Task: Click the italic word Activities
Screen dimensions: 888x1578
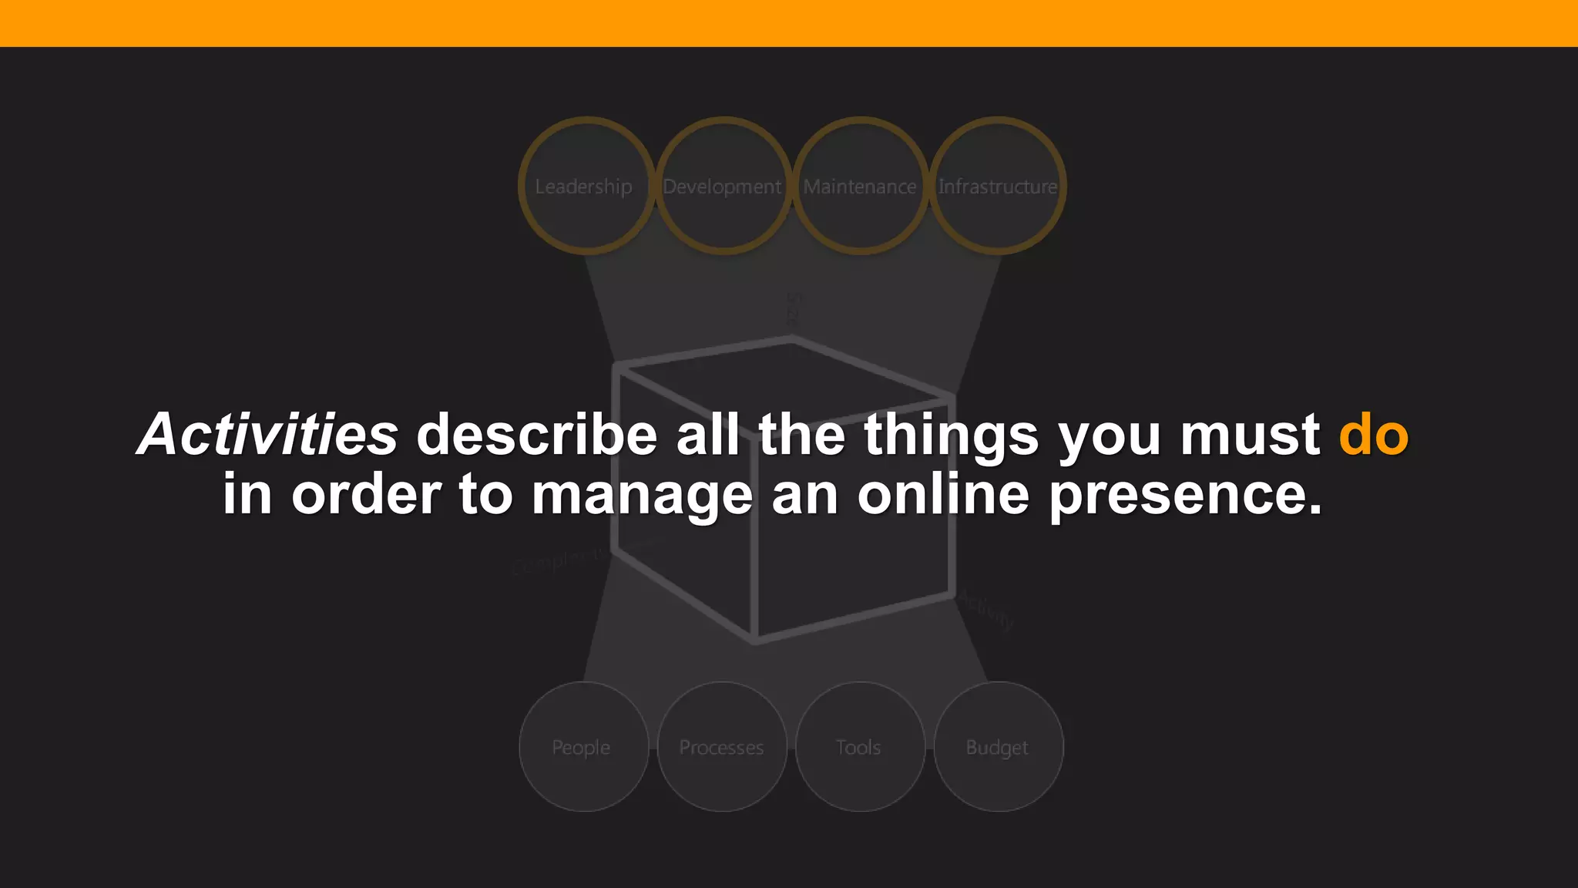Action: tap(267, 434)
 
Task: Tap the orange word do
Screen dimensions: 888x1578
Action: tap(1373, 434)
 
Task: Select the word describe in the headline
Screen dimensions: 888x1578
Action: tap(536, 434)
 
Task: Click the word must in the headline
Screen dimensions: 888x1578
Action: tap(1250, 434)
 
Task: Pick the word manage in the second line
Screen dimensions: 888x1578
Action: tap(641, 495)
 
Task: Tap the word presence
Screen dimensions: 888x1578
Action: tap(1185, 495)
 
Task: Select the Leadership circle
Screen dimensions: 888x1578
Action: tap(586, 186)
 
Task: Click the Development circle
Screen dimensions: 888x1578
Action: tap(723, 186)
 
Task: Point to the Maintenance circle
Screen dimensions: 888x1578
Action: tap(860, 186)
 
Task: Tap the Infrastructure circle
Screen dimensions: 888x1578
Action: tap(998, 186)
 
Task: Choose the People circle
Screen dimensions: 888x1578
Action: tap(583, 746)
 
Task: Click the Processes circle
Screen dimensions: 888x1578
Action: tap(722, 746)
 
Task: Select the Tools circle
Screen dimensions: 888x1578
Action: tap(859, 746)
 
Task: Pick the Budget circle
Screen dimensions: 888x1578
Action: tap(998, 746)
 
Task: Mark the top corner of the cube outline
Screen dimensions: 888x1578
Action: tap(792, 338)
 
